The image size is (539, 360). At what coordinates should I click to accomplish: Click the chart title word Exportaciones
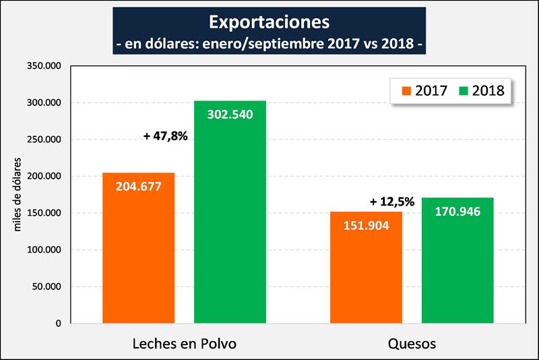[269, 22]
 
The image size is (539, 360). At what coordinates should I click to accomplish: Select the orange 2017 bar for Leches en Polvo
[139, 256]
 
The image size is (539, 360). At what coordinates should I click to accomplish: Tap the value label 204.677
[139, 187]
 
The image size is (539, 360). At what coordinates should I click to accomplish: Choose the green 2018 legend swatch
[464, 90]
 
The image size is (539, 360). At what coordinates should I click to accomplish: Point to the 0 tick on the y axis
[59, 324]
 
